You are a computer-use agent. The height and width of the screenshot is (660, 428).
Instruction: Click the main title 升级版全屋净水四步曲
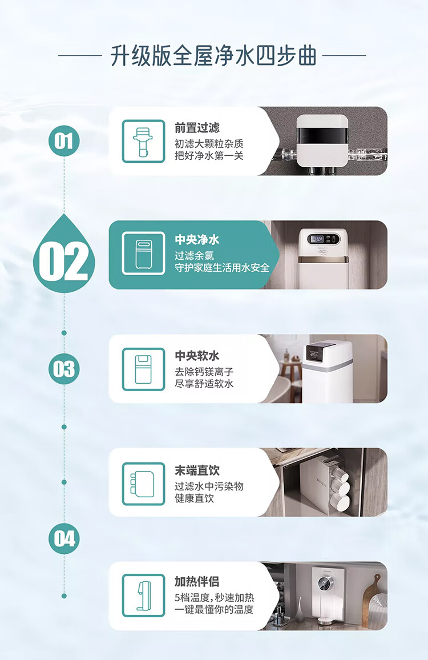(213, 56)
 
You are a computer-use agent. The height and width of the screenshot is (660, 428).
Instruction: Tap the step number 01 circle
(64, 140)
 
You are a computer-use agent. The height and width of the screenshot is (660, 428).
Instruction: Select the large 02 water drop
(64, 255)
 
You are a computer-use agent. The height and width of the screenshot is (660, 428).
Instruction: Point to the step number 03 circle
(64, 369)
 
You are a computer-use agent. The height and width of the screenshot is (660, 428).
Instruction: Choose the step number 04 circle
(64, 538)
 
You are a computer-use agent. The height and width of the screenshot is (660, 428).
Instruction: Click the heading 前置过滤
(197, 127)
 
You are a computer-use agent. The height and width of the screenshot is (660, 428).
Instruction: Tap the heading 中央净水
(197, 240)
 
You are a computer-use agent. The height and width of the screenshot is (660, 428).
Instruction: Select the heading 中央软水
(197, 356)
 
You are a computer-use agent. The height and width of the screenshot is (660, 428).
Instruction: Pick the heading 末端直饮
(197, 470)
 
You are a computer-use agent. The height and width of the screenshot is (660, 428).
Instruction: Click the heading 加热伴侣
(197, 581)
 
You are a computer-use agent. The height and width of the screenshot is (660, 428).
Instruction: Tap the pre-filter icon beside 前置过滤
(143, 141)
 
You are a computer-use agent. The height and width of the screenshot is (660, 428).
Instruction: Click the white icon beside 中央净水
(143, 253)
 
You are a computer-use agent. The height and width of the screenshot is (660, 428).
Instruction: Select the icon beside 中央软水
(143, 369)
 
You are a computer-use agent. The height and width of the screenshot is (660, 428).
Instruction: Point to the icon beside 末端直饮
(143, 484)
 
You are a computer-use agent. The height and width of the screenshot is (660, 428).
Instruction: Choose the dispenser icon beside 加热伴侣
(143, 595)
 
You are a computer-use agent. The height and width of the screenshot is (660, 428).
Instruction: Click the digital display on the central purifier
(317, 239)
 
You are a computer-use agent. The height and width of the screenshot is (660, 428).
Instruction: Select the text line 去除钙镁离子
(204, 372)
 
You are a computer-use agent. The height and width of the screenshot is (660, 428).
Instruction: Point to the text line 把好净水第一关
(209, 156)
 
